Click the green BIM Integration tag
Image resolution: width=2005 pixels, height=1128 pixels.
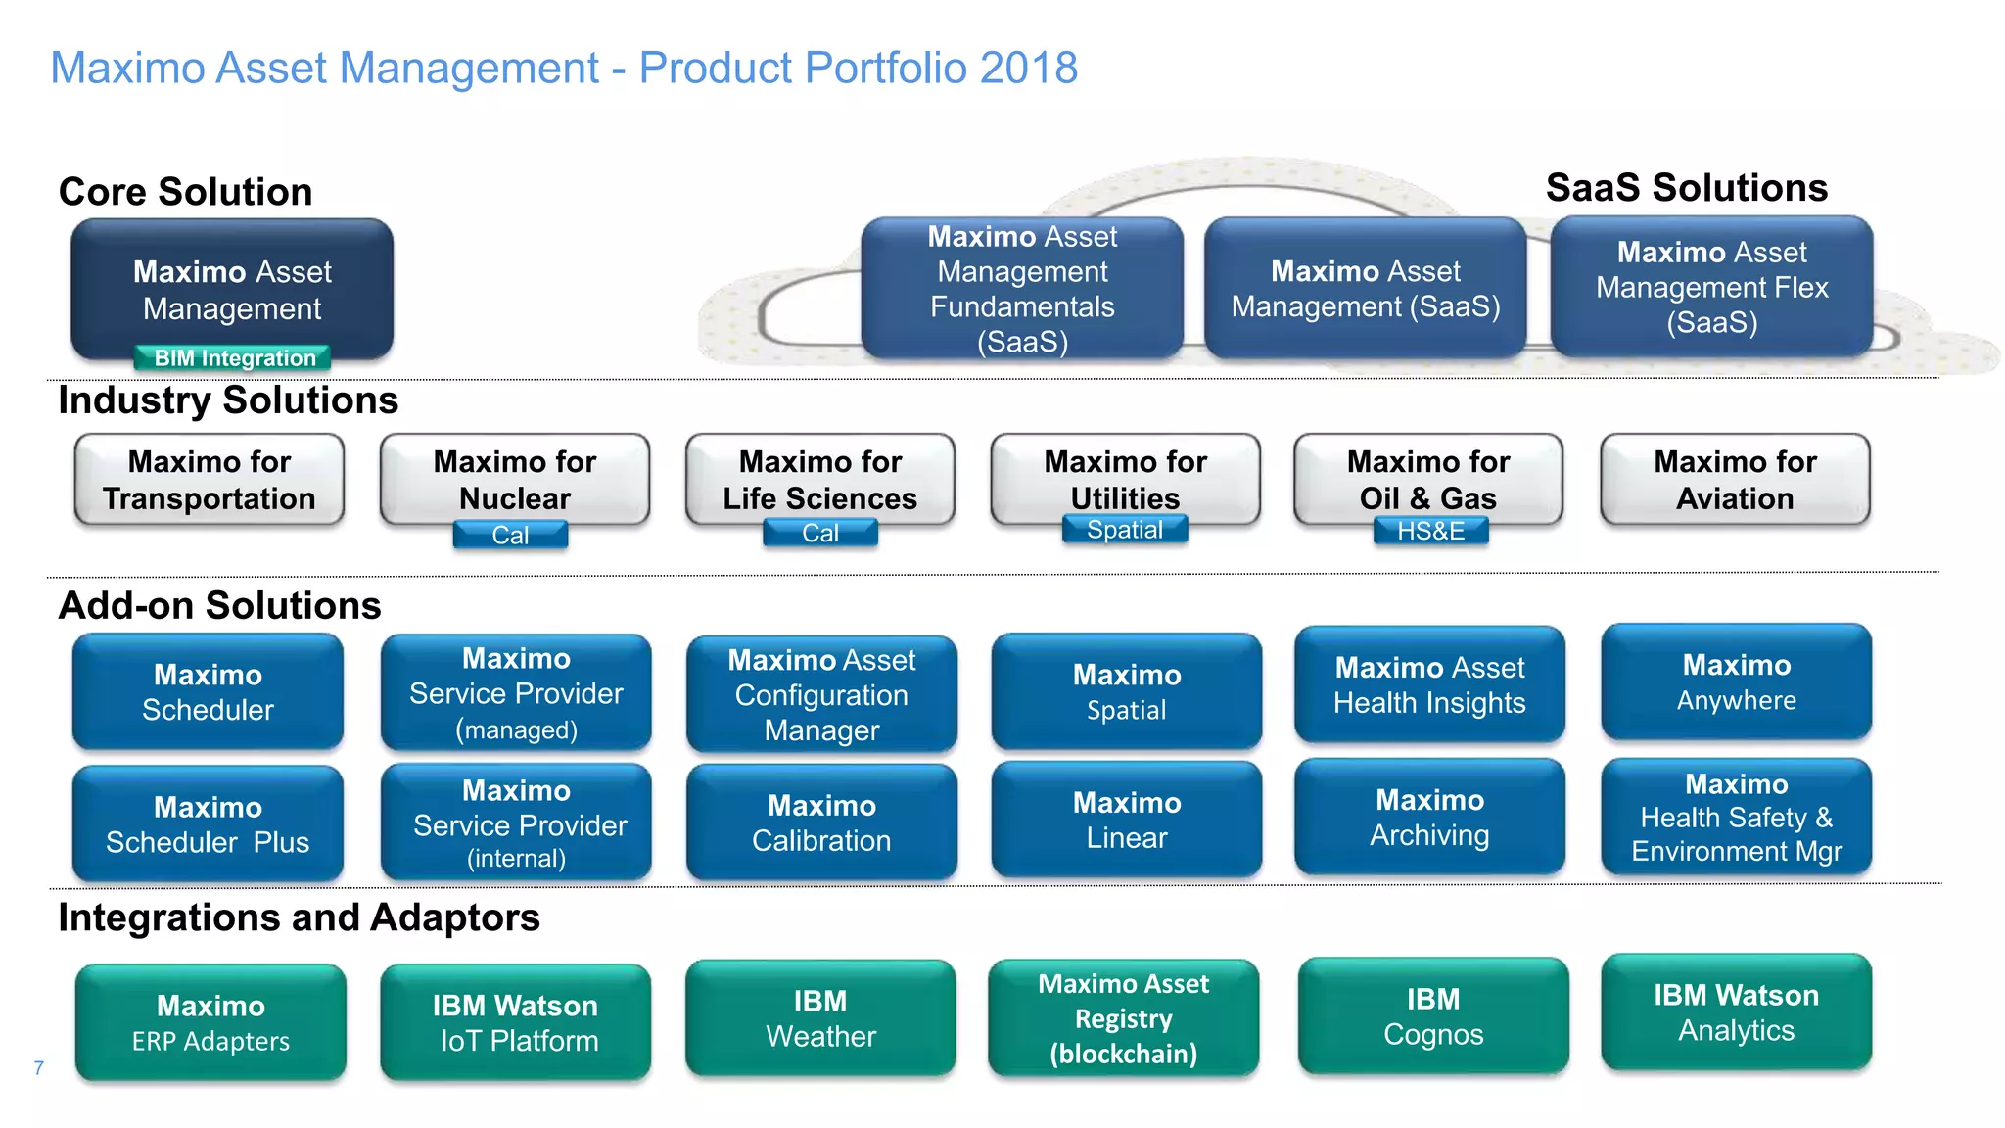click(x=233, y=358)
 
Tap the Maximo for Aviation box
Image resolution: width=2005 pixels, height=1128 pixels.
click(x=1735, y=480)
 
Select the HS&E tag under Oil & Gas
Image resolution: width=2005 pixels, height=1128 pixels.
click(x=1430, y=532)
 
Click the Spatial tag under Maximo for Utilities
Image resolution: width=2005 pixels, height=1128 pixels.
click(x=1125, y=530)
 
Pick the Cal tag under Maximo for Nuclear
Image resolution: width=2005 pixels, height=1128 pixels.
click(x=510, y=536)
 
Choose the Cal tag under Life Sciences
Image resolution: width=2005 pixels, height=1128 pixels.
click(x=820, y=534)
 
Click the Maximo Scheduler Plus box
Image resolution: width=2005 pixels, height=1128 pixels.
click(x=208, y=824)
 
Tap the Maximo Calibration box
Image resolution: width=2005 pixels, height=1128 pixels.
click(x=821, y=822)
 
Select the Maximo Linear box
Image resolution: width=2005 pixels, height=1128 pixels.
click(x=1127, y=820)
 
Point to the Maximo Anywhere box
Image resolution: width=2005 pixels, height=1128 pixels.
click(x=1736, y=682)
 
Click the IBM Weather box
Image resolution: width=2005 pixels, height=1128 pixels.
click(x=820, y=1018)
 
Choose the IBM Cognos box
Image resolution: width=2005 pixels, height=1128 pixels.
click(x=1433, y=1016)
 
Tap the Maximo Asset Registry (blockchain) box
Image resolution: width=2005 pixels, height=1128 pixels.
click(x=1124, y=1018)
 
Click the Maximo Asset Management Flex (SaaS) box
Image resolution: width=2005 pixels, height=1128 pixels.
click(x=1711, y=287)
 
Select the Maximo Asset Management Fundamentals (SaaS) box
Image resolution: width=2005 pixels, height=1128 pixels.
click(x=1022, y=289)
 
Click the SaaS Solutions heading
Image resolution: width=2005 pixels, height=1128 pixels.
click(x=1686, y=188)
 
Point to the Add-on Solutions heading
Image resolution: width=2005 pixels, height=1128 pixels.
click(x=219, y=606)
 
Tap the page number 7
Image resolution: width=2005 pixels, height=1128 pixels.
click(x=39, y=1068)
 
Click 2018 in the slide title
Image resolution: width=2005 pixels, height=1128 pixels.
click(x=1028, y=69)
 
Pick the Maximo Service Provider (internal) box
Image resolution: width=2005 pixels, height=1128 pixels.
click(x=516, y=824)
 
